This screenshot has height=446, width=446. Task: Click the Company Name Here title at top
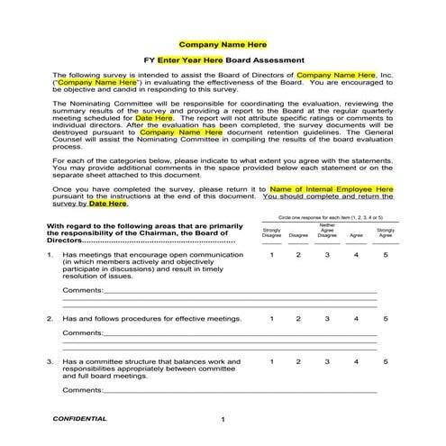[223, 43]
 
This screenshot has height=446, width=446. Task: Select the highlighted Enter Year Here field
[190, 59]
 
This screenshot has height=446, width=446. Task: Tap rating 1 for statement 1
[271, 255]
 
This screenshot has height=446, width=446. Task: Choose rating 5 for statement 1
[386, 255]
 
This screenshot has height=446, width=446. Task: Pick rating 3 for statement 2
[327, 318]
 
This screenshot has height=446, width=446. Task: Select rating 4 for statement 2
[357, 318]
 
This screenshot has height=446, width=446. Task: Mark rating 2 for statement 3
[298, 361]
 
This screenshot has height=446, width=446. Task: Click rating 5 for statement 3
[386, 361]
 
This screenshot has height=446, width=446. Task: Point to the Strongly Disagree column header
[271, 232]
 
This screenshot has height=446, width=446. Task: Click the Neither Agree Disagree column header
[327, 231]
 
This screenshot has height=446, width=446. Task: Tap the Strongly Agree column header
[386, 232]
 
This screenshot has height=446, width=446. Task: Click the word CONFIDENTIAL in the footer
[80, 419]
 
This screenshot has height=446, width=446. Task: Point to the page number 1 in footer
[223, 421]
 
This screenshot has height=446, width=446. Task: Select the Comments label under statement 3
[82, 389]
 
